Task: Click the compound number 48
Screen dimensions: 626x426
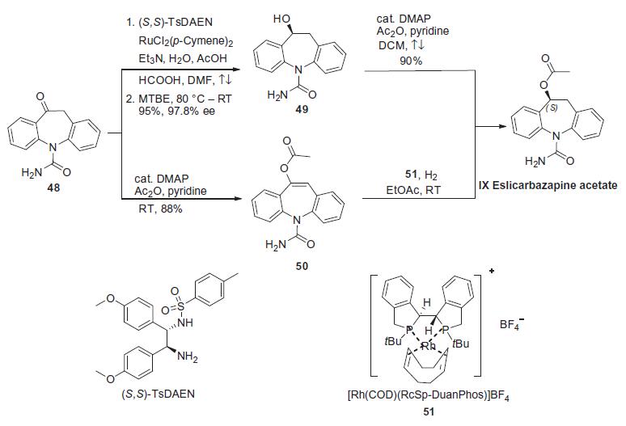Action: (53, 187)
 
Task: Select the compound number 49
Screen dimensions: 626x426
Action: (302, 109)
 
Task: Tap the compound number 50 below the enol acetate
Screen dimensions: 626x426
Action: (302, 266)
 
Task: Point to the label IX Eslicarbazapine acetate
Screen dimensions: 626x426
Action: (548, 185)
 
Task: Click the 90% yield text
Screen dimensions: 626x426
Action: (411, 61)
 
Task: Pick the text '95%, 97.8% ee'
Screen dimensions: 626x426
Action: (177, 111)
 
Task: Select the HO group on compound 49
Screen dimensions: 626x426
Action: (281, 19)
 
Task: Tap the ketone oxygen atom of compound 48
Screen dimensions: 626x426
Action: (40, 96)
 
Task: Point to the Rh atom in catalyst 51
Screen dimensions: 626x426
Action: (429, 346)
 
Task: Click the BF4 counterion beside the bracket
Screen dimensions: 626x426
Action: (510, 325)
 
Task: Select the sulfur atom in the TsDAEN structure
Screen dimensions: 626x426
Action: (181, 306)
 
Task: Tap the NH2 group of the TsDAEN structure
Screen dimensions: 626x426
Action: (188, 356)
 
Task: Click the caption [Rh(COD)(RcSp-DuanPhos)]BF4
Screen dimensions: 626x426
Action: (429, 395)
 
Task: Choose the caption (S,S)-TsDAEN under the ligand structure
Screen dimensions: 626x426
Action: (158, 394)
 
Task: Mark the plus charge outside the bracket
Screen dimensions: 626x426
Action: (492, 271)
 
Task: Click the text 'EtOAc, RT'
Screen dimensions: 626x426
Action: (413, 190)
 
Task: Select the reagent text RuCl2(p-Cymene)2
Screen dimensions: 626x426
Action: (186, 41)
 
